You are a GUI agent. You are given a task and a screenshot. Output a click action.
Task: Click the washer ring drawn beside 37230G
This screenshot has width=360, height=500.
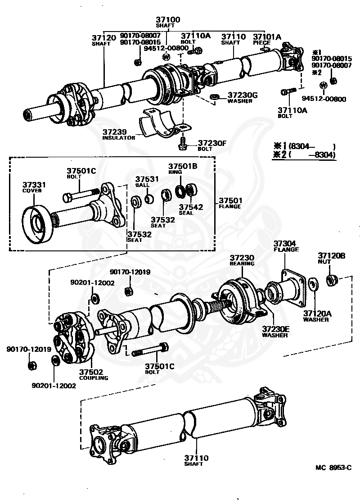click(x=215, y=97)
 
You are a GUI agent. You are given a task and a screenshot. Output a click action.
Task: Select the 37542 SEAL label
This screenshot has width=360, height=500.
click(x=191, y=210)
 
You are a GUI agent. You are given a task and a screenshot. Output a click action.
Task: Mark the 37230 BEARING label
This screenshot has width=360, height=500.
click(x=242, y=260)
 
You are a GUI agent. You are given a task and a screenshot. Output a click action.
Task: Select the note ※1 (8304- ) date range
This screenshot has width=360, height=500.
click(x=304, y=146)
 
